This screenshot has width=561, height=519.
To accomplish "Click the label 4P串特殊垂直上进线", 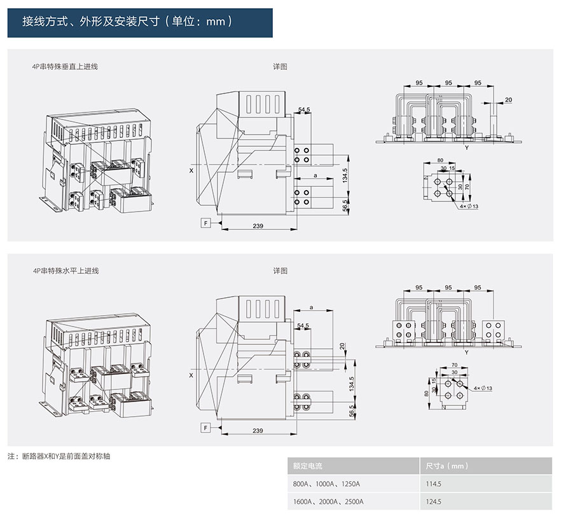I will (66, 66).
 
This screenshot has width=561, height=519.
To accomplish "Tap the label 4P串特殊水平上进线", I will (66, 271).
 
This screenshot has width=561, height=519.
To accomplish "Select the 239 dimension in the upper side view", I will (258, 226).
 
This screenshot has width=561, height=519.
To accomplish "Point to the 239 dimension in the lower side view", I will (258, 431).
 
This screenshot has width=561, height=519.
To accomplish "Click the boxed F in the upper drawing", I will (205, 223).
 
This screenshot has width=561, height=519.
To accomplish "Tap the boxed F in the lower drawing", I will (205, 428).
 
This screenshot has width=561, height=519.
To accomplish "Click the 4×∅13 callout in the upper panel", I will (469, 206).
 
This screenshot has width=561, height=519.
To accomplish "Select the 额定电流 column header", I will (308, 466).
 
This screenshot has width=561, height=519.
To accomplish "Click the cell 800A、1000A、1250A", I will (327, 483).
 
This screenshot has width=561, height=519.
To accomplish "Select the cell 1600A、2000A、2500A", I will (328, 501).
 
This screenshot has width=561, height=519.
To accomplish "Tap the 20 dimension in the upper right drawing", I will (508, 100).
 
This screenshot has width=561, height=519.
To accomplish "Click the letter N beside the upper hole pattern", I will (426, 179).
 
